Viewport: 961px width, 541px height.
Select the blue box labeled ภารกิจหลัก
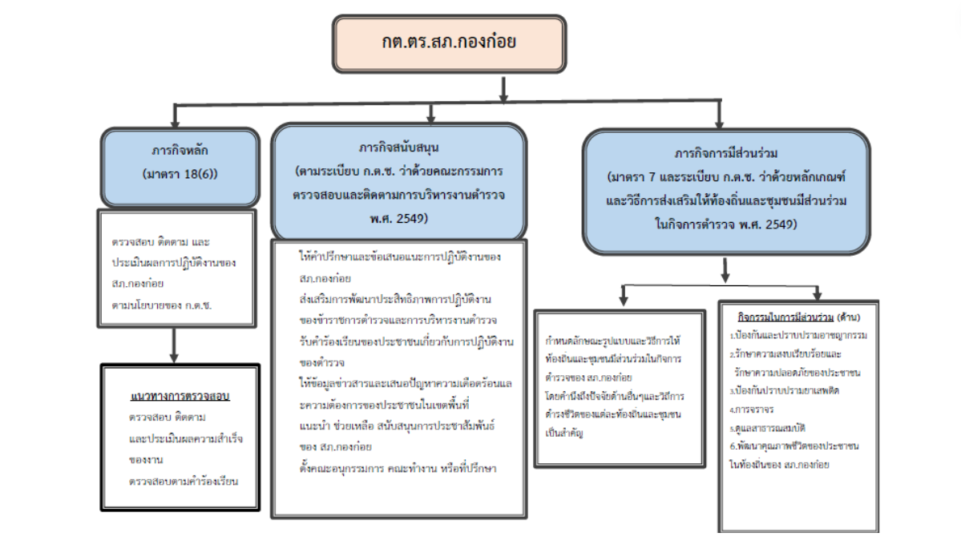180,166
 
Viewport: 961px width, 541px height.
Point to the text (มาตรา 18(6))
180,174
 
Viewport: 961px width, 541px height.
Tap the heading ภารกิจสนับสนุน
398,148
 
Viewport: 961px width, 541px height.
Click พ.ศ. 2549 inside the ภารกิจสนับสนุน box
398,218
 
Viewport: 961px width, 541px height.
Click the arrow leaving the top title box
503,89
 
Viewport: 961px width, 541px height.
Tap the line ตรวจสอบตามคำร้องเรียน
184,481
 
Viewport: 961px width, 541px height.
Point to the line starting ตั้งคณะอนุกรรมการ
398,468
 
